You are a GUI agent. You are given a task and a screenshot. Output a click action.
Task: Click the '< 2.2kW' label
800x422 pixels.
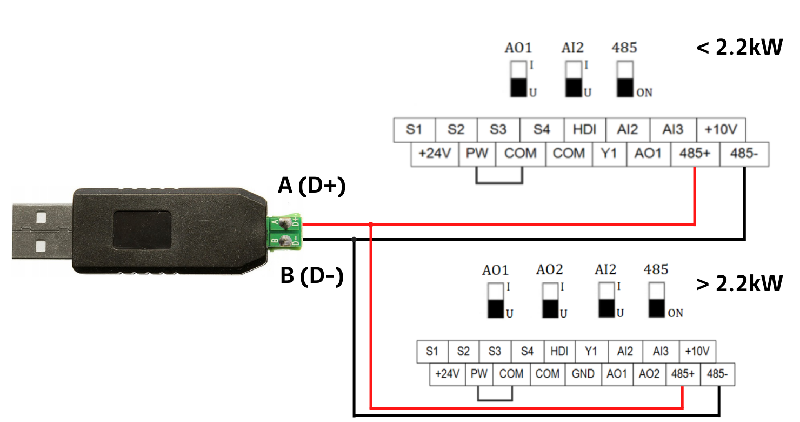[x=739, y=47]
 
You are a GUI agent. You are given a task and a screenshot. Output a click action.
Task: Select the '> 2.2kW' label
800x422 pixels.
[x=739, y=283]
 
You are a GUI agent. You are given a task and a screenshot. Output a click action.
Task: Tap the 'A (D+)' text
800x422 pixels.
[x=312, y=186]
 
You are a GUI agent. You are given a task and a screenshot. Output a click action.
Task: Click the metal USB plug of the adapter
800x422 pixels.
[x=42, y=231]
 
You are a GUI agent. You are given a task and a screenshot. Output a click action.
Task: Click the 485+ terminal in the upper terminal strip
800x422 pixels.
[x=695, y=154]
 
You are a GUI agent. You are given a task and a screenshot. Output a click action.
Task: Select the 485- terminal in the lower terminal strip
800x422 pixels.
[x=717, y=374]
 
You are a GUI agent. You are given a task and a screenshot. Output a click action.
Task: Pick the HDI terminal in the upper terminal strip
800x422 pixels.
[x=585, y=129]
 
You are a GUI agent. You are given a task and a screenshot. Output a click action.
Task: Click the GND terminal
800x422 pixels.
[x=583, y=374]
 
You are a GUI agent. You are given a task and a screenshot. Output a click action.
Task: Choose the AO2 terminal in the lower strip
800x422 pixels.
[x=649, y=374]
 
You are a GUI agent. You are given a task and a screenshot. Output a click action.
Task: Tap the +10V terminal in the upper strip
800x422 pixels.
[x=721, y=129]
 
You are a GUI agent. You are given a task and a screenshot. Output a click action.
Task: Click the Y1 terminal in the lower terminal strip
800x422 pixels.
[x=591, y=352]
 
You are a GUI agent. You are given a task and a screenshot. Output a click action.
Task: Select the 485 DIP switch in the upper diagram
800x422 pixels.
[x=625, y=79]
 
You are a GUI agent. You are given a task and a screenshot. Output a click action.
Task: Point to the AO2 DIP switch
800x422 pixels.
[x=550, y=300]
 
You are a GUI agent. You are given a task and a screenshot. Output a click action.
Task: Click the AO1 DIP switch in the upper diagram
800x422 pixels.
[x=518, y=79]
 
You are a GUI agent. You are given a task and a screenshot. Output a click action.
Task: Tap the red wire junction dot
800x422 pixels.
[x=371, y=225]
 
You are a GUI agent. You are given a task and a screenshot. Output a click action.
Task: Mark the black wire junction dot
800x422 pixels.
[x=354, y=239]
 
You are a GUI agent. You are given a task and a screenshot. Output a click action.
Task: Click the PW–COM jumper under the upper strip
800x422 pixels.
[x=499, y=183]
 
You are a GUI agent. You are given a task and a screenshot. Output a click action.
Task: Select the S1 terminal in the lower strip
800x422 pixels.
[x=432, y=352]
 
